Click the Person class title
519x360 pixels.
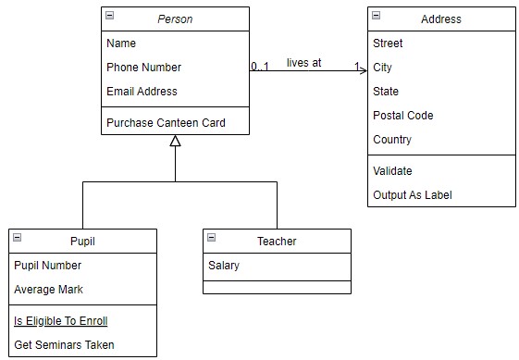(175, 19)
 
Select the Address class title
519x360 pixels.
(440, 19)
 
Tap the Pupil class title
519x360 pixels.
(82, 242)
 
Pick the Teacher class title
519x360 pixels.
(277, 242)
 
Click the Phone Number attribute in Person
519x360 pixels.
(143, 68)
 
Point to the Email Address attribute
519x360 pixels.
(142, 92)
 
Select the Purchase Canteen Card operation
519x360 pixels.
(166, 122)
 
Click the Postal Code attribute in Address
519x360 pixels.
(402, 116)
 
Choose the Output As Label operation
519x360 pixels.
(412, 195)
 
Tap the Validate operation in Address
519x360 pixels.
(392, 171)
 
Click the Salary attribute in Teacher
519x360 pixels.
(223, 266)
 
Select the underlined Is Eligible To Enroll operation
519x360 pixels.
(60, 321)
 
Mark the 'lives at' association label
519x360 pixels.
(303, 62)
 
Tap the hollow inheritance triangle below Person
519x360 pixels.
(175, 141)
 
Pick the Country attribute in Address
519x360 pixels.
(392, 140)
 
